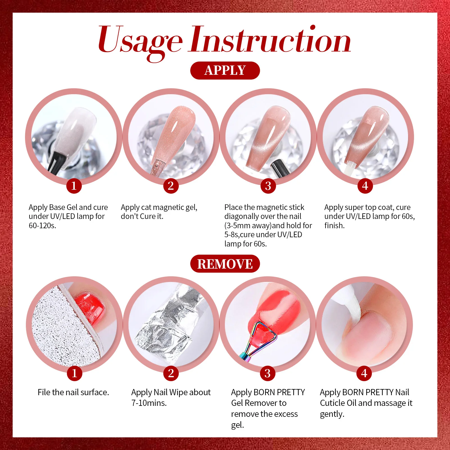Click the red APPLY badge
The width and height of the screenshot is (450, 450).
(225, 70)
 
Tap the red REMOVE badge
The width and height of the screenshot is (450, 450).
(225, 264)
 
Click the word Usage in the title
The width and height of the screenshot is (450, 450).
(140, 42)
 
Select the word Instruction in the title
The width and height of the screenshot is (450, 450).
(271, 39)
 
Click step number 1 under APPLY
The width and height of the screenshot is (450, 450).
(74, 186)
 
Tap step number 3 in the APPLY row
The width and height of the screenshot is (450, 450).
(268, 186)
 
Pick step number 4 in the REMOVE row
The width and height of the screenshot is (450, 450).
(364, 373)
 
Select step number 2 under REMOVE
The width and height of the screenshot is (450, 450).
(171, 373)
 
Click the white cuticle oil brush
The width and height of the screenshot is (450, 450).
(350, 302)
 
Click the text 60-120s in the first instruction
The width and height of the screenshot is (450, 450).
(42, 226)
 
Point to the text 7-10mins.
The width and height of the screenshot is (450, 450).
(149, 403)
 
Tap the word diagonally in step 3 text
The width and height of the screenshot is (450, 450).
(243, 217)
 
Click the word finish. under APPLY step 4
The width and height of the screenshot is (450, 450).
(334, 226)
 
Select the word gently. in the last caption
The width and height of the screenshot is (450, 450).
(332, 414)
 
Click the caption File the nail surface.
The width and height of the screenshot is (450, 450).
(73, 392)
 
